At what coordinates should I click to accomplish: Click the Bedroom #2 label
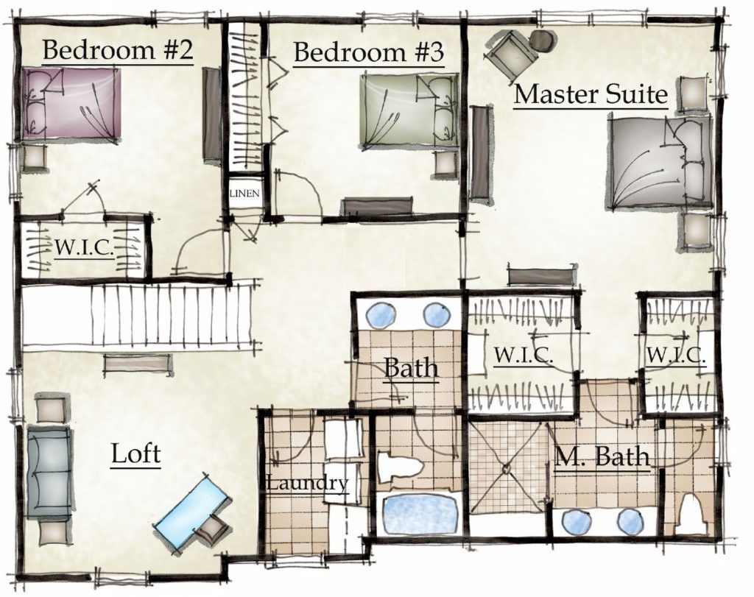click(118, 49)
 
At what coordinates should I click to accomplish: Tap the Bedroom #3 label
click(368, 52)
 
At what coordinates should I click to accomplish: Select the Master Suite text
click(591, 93)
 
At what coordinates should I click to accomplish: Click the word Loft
click(135, 453)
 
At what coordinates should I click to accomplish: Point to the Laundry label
click(307, 483)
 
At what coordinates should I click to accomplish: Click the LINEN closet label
click(244, 194)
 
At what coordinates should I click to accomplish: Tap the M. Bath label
click(602, 456)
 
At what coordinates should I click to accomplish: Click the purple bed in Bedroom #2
click(71, 103)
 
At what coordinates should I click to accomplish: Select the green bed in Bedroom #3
click(409, 110)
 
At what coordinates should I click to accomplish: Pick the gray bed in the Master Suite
click(659, 163)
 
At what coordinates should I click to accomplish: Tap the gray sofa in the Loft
click(49, 472)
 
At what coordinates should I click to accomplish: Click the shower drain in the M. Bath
click(507, 467)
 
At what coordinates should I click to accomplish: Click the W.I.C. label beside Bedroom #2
click(85, 247)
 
